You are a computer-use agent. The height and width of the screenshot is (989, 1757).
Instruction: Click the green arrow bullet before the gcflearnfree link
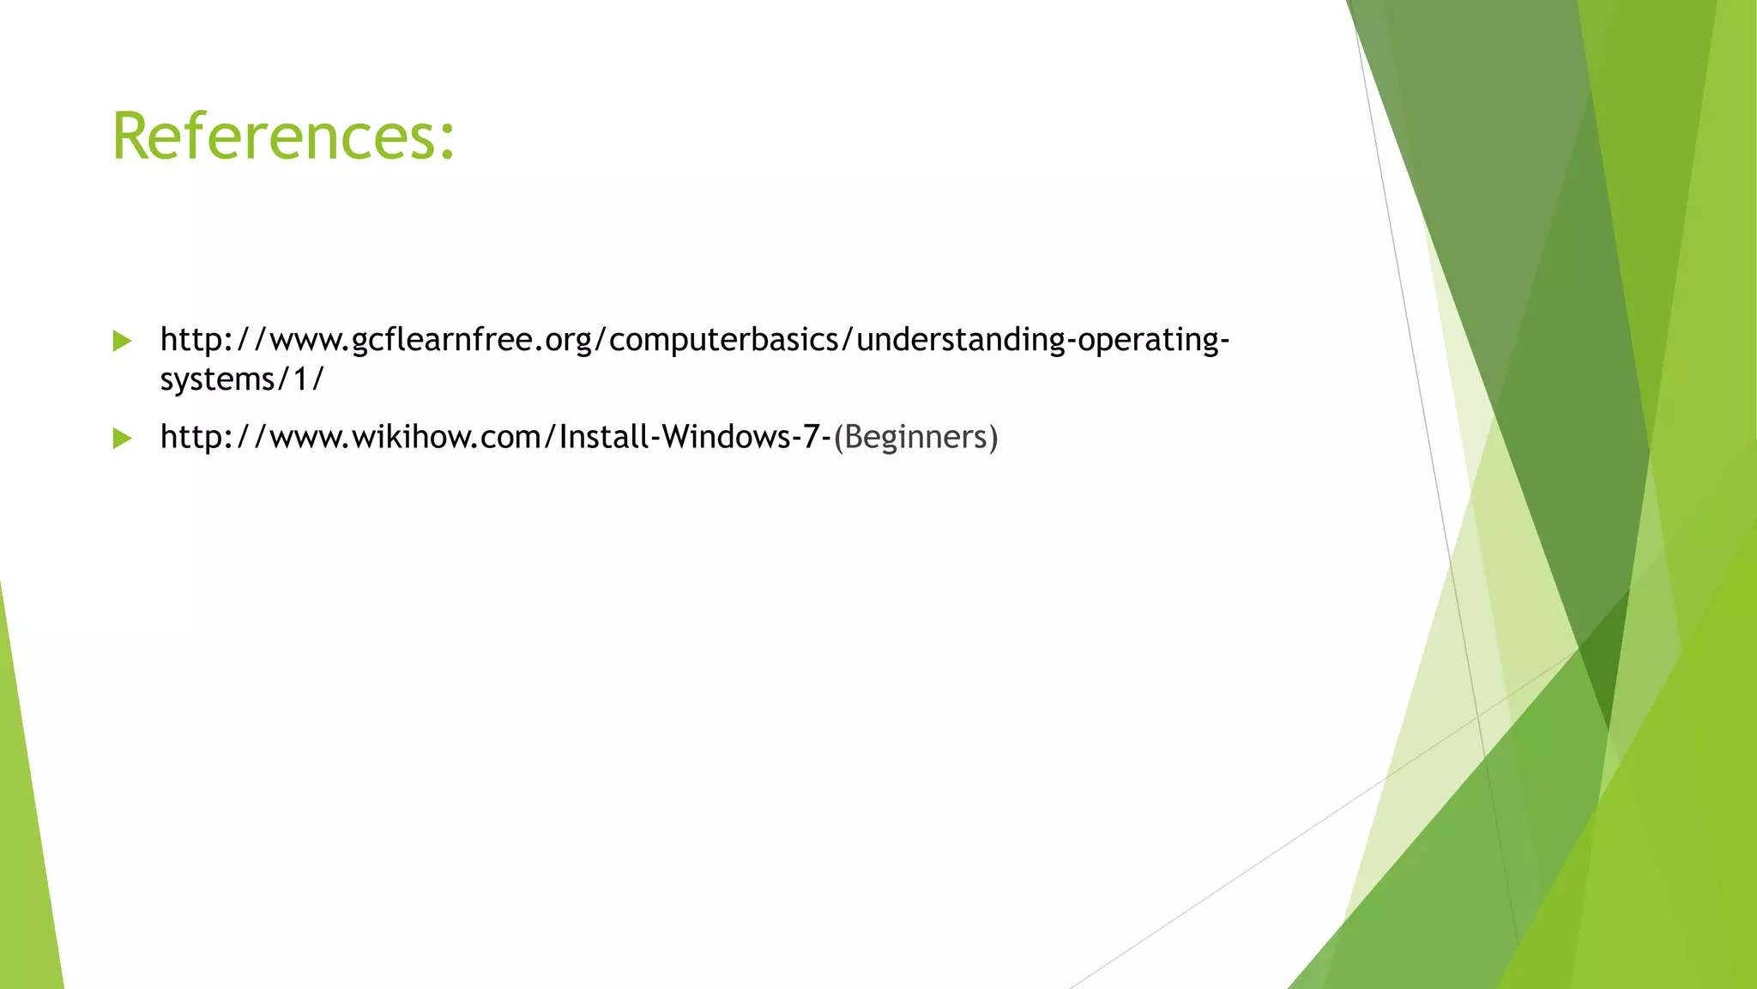[122, 341]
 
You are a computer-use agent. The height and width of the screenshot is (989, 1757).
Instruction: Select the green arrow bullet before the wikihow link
[122, 439]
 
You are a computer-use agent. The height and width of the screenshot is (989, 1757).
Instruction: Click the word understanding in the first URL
[960, 341]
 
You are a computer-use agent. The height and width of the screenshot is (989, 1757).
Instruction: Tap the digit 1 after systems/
[300, 379]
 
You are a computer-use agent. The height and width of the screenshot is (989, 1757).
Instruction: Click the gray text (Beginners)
[915, 437]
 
